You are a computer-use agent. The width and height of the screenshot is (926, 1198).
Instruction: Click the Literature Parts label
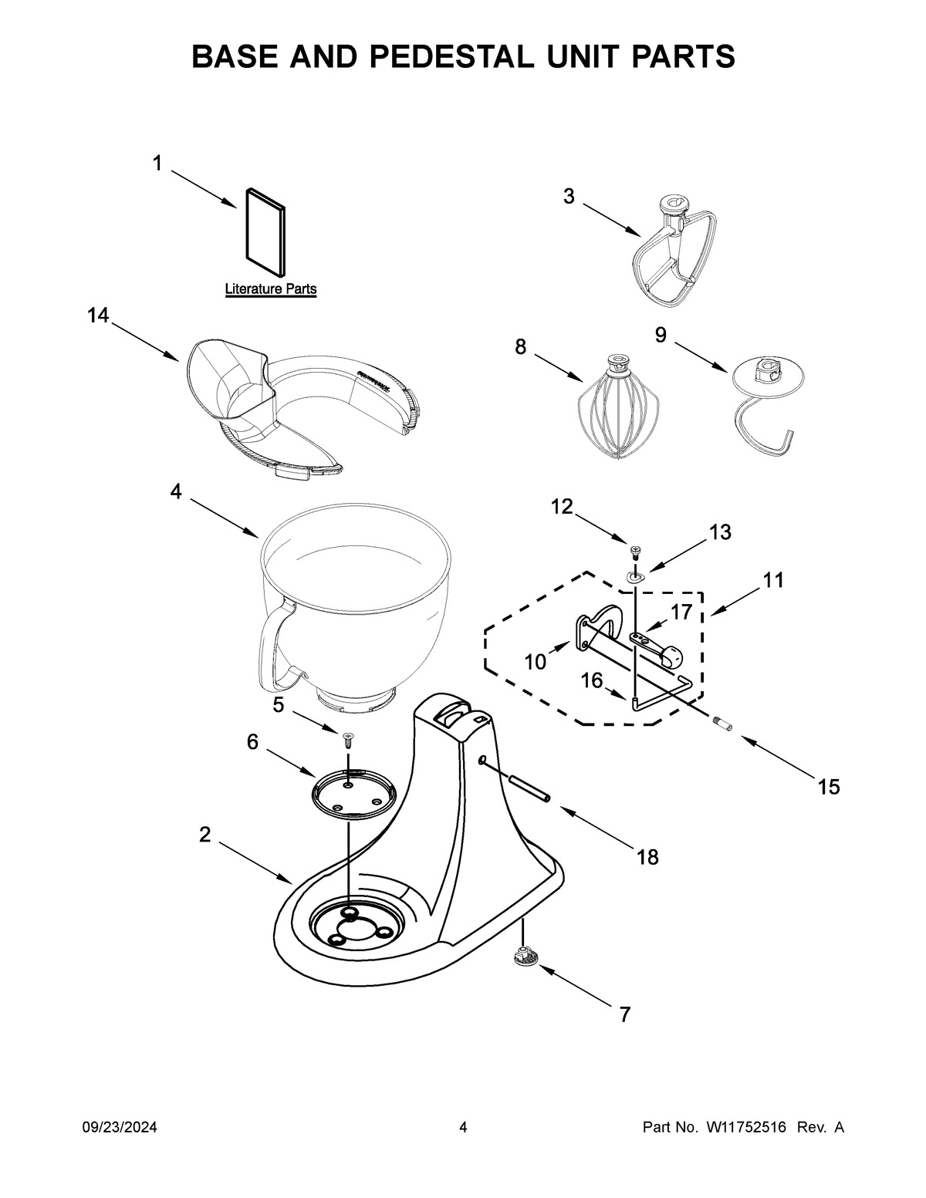[270, 289]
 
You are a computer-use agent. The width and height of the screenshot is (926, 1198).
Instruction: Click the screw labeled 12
[635, 551]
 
